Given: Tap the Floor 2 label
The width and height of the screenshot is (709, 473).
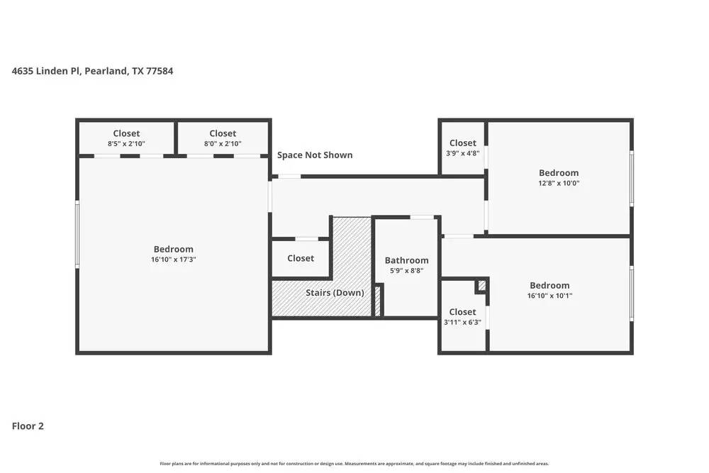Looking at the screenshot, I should click(x=28, y=426).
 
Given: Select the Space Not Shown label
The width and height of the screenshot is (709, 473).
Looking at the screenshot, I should click(x=314, y=155).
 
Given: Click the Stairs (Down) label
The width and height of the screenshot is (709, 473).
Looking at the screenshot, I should click(x=335, y=293).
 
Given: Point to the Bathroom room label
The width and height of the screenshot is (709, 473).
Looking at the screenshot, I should click(x=406, y=260).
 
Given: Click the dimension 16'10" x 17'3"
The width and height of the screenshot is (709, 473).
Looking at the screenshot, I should click(x=173, y=260).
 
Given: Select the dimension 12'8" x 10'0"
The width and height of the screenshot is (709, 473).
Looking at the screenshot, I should click(x=558, y=183).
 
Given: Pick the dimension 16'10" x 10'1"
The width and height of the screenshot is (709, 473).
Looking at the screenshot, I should click(x=549, y=296).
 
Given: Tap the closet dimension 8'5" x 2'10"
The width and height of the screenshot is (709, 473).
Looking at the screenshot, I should click(x=126, y=144).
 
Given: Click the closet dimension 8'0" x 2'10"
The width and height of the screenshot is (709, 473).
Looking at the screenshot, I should click(x=223, y=144).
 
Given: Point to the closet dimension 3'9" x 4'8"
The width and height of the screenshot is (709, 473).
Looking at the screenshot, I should click(x=462, y=153).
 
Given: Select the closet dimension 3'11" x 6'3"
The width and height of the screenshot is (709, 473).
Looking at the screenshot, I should click(x=462, y=322).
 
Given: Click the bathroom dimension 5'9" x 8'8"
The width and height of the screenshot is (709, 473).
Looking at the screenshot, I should click(x=406, y=271).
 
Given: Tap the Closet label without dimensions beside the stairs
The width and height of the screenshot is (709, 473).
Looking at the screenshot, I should click(x=301, y=258).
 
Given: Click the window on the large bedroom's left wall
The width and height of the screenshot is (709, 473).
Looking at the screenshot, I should click(x=77, y=234).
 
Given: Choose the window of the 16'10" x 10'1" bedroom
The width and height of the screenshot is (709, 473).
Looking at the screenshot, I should click(x=632, y=294).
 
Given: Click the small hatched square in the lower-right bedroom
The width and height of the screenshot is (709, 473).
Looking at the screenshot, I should click(x=482, y=285).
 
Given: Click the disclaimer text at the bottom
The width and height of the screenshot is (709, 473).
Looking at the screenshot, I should click(x=354, y=464).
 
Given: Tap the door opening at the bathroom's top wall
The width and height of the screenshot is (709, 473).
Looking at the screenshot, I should click(x=423, y=217).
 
